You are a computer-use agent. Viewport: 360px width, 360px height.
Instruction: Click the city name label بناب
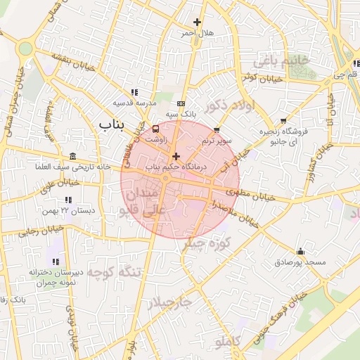point(111,125)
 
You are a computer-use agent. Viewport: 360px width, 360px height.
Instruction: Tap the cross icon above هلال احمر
point(197,22)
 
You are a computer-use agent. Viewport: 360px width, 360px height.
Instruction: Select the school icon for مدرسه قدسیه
point(134,92)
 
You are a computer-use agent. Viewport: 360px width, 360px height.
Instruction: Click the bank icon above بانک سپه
point(182,103)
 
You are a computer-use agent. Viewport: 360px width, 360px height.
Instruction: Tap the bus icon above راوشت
point(156,129)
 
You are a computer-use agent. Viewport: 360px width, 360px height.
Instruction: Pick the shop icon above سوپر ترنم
point(216,129)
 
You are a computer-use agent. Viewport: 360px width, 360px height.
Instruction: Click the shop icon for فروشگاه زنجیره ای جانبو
point(283,121)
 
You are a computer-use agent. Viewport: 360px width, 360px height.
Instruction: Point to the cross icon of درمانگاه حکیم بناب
point(175,156)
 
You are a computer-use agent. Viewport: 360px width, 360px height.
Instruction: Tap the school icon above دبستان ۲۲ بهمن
point(68,200)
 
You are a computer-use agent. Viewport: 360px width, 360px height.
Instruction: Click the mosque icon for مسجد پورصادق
point(300,252)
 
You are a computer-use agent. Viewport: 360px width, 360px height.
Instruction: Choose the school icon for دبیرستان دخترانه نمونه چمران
point(56,262)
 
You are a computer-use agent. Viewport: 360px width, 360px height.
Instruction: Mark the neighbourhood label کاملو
point(227,342)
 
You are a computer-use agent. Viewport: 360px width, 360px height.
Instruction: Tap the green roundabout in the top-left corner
point(26,48)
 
